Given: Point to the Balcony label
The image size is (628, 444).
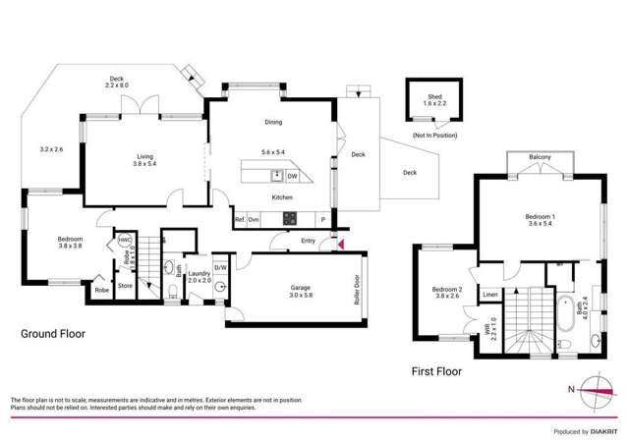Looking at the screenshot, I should point(540,157).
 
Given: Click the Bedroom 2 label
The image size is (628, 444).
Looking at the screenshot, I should point(447,293).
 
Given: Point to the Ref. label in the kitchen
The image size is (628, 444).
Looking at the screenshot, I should point(240,219).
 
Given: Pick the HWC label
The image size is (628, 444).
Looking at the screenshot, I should point(125,240).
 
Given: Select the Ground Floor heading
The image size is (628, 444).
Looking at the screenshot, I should point(53,334).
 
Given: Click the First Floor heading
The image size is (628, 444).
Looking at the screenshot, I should point(436,371).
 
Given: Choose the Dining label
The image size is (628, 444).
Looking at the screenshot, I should point(273,123).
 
